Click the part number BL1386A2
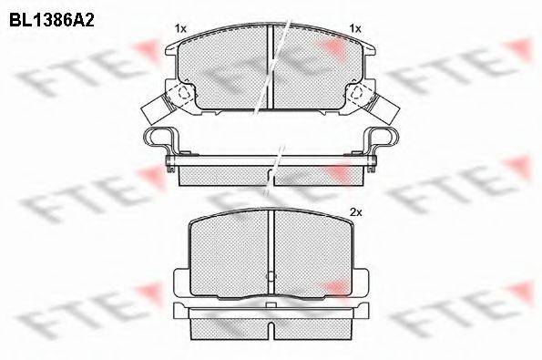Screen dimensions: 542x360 pos(52,21)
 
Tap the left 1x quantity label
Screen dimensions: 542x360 pos(180,28)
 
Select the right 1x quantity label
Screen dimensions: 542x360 pos(355,28)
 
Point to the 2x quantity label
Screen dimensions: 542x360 pos(355,212)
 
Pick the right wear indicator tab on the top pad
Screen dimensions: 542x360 pos(386,109)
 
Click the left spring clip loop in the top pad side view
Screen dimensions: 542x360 pos(157,137)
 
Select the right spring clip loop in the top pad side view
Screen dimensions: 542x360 pos(384,137)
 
